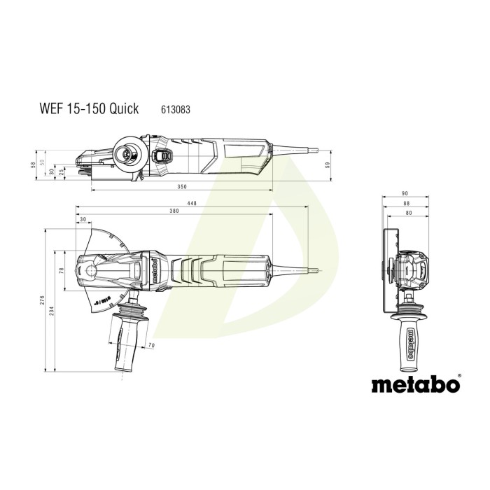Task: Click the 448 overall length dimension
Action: (x=191, y=204)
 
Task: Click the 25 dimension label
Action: (x=62, y=172)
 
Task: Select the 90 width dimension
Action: (x=405, y=194)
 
